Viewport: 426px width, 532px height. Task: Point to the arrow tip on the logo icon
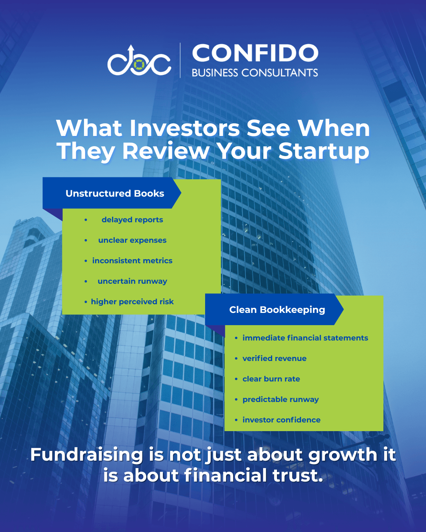131,46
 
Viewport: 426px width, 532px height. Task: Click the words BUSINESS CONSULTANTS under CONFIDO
255,73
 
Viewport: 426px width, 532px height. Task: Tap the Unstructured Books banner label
115,193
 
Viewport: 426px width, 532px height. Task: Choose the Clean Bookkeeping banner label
277,310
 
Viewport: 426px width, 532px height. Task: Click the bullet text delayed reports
132,219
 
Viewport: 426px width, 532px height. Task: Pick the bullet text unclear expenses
132,240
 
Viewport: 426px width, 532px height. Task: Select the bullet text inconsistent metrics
132,260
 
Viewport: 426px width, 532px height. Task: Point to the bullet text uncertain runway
132,281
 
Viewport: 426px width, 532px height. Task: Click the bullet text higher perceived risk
132,301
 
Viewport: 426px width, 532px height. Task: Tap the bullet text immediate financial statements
305,338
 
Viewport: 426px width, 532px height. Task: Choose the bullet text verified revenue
275,358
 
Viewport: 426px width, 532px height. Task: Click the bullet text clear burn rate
271,379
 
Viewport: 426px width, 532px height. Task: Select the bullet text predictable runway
280,399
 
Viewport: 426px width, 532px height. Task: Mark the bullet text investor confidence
282,420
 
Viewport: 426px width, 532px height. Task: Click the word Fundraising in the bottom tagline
87,455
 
